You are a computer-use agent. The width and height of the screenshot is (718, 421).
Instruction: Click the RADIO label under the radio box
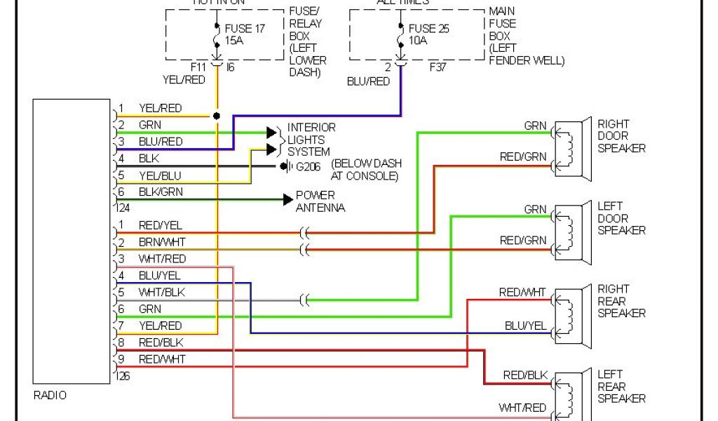pyautogui.click(x=50, y=396)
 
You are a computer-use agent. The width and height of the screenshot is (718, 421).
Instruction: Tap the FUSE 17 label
pyautogui.click(x=245, y=29)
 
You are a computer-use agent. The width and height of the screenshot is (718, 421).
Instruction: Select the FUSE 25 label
pyautogui.click(x=429, y=29)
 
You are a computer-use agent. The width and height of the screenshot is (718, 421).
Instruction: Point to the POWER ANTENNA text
pyautogui.click(x=320, y=201)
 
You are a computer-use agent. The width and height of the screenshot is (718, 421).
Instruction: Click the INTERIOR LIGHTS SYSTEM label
pyautogui.click(x=311, y=139)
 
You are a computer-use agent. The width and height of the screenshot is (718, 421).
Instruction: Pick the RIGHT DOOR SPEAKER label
pyautogui.click(x=621, y=135)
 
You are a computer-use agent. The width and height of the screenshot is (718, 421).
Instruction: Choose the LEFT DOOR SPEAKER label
pyautogui.click(x=621, y=218)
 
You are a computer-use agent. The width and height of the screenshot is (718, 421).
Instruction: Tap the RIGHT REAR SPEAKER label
pyautogui.click(x=621, y=301)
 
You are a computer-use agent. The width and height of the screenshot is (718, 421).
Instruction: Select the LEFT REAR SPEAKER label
pyautogui.click(x=621, y=386)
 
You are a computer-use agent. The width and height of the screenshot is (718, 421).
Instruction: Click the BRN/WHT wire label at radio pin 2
pyautogui.click(x=162, y=242)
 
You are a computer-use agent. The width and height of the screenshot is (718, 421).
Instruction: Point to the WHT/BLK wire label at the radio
pyautogui.click(x=162, y=292)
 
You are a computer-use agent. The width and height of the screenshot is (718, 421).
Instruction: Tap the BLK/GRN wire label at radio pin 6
pyautogui.click(x=161, y=192)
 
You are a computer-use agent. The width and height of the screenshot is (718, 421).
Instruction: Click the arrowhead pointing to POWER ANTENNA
pyautogui.click(x=287, y=200)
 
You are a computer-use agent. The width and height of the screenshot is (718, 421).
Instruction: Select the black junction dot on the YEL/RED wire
pyautogui.click(x=217, y=115)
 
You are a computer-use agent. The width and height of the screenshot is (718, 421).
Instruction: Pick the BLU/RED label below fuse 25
pyautogui.click(x=368, y=81)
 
